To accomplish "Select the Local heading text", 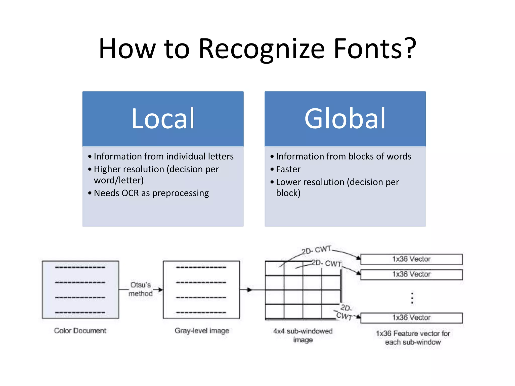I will [163, 118].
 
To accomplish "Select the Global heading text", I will [345, 118].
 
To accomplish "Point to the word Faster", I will [288, 169].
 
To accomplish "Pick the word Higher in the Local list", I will [109, 169].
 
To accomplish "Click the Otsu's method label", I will [140, 289].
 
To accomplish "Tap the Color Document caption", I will [80, 330].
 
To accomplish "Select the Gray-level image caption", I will [202, 330].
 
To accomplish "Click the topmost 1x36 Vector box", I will [411, 259].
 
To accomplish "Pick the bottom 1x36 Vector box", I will [411, 318].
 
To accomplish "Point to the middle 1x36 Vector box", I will [411, 274].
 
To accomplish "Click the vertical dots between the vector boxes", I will [412, 298].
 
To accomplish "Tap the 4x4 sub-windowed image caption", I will [303, 335].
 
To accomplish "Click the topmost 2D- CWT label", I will [316, 250].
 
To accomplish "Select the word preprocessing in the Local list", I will [181, 193].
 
